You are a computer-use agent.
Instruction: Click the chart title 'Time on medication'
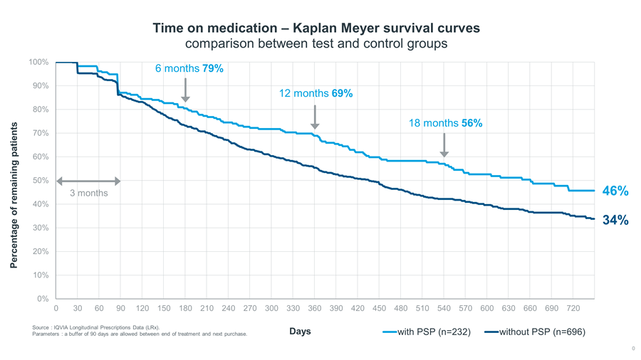[x=316, y=28]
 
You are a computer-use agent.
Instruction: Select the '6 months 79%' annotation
[x=189, y=68]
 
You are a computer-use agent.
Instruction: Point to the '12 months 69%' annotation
[x=316, y=93]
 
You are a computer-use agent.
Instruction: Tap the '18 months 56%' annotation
[x=445, y=123]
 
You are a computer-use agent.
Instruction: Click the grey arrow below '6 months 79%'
[x=185, y=90]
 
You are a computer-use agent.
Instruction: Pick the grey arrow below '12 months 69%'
[x=315, y=117]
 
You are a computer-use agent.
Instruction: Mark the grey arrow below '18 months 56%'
[x=444, y=144]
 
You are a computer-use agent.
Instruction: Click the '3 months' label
[x=88, y=193]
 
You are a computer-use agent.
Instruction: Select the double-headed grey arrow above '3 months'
[x=88, y=181]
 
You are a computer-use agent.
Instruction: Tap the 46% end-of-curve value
[x=615, y=191]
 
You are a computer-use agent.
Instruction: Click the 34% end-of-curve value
[x=615, y=221]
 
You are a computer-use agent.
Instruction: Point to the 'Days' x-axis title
[x=300, y=332]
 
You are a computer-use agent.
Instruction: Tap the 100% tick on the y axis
[x=38, y=63]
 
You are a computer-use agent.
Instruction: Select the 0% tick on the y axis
[x=41, y=299]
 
